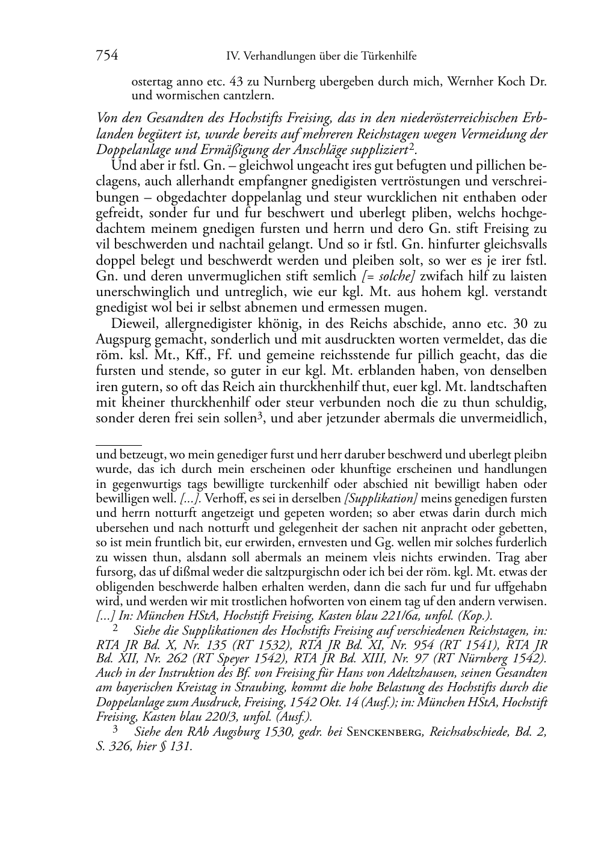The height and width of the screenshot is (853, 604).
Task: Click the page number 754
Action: [x=106, y=56]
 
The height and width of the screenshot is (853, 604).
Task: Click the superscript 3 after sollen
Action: [x=260, y=416]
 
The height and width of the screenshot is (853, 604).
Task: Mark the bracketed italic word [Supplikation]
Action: [x=380, y=499]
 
